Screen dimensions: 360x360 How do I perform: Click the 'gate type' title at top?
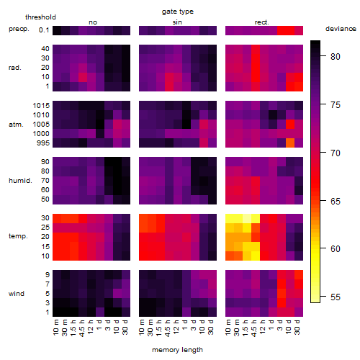point(178,12)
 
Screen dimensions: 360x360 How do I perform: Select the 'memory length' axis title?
point(177,350)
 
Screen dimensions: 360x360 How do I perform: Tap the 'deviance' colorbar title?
point(341,29)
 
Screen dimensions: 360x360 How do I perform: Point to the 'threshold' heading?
point(40,17)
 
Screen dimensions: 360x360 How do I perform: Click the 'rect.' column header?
point(262,22)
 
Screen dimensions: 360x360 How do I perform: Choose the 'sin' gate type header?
point(177,22)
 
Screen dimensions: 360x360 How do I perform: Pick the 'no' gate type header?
point(93,22)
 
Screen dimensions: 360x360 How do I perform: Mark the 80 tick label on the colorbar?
point(336,57)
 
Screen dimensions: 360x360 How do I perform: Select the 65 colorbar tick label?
point(336,201)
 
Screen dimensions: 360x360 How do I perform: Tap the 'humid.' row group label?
point(20,181)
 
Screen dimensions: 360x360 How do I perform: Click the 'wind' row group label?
point(17,294)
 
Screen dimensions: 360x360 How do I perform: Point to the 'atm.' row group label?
point(16,125)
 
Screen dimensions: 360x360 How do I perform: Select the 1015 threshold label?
point(41,106)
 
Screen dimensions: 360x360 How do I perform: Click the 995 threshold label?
point(43,143)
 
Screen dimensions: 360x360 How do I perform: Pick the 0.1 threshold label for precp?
point(44,30)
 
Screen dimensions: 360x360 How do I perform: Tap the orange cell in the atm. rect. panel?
point(290,143)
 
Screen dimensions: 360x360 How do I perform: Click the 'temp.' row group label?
point(18,236)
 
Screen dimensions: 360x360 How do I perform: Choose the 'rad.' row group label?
point(15,68)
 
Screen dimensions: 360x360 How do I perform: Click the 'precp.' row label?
point(19,29)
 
